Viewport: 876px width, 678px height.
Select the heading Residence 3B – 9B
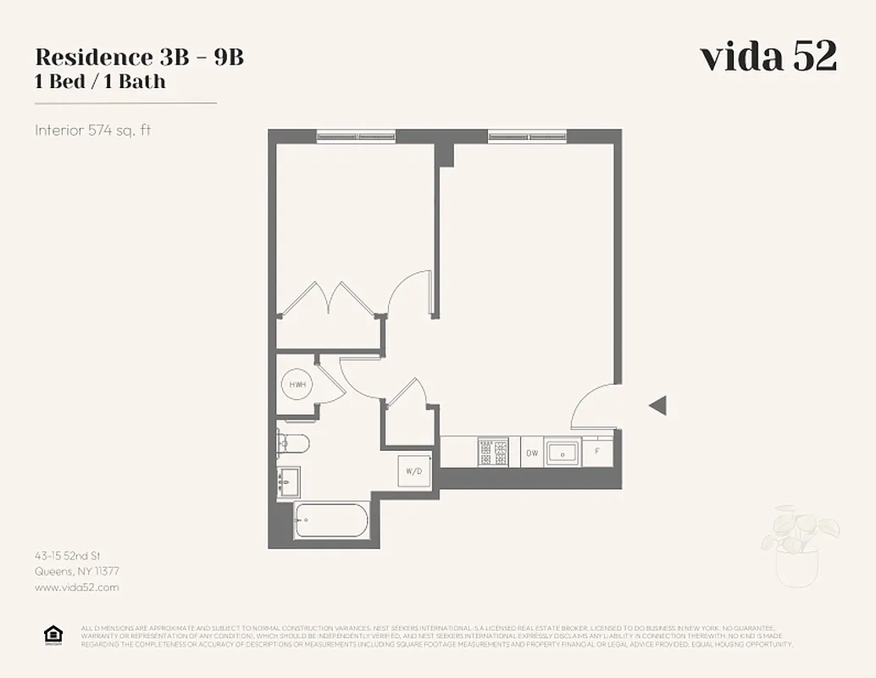(139, 58)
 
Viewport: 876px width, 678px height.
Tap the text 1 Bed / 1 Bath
(100, 82)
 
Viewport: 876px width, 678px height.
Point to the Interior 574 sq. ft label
(92, 131)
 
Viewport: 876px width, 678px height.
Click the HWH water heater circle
(297, 385)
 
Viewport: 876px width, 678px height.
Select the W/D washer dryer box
(414, 470)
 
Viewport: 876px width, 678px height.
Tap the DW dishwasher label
(531, 453)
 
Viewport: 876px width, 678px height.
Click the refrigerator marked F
(596, 451)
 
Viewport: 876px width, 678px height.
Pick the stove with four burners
(492, 452)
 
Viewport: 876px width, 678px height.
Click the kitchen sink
(562, 452)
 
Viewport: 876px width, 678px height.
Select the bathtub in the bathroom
(332, 520)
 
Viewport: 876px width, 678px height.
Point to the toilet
(292, 442)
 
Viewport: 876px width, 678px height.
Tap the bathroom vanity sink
(289, 483)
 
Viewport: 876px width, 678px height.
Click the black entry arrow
(657, 406)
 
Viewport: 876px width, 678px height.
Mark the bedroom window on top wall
(356, 136)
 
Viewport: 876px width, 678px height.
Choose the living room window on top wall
(527, 136)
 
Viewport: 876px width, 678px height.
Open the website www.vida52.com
(77, 586)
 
